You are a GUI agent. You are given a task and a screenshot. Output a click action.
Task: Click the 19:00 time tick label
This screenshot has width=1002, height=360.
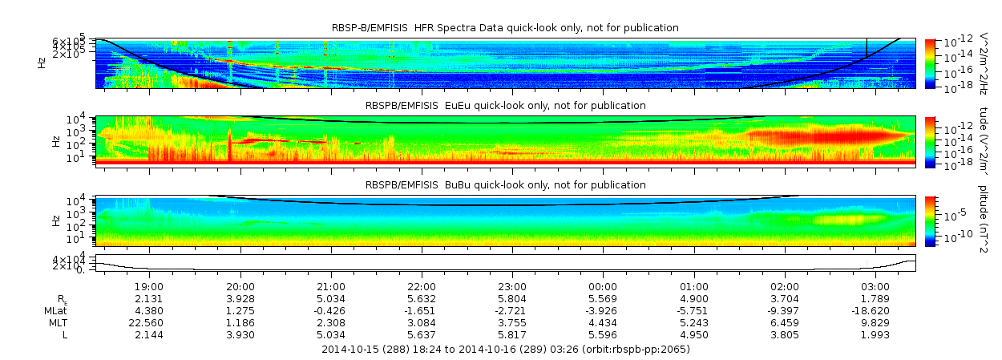click(150, 286)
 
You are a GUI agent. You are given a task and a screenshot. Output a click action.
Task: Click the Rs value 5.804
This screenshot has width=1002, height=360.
click(512, 298)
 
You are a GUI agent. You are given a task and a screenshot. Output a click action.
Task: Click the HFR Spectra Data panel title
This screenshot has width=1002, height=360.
click(505, 28)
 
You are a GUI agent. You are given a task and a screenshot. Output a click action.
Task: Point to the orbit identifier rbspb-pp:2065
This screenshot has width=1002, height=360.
click(648, 350)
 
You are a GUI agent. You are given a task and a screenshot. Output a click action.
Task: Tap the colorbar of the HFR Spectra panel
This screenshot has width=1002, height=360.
click(930, 63)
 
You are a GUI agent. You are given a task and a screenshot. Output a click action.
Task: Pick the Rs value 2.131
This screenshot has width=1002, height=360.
click(150, 298)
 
